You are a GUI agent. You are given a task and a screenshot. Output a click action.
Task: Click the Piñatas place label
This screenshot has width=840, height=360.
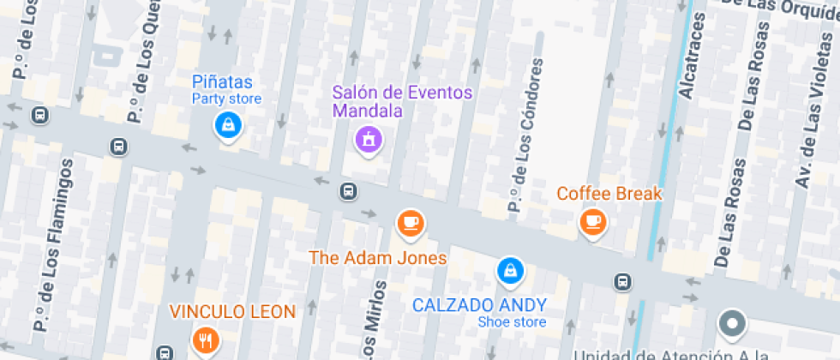tap(223, 82)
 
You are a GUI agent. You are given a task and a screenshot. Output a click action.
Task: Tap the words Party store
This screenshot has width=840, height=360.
tap(226, 99)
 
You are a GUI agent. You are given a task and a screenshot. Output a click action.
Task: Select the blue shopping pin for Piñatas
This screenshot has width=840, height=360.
tap(228, 126)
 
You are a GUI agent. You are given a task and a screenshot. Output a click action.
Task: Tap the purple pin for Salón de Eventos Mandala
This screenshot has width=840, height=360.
tap(369, 137)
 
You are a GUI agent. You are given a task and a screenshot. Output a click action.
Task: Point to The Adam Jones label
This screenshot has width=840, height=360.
tap(378, 258)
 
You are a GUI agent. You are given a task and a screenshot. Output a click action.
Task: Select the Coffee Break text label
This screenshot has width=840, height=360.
tap(609, 194)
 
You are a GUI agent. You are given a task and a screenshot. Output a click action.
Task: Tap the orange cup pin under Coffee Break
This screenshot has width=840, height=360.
tap(591, 222)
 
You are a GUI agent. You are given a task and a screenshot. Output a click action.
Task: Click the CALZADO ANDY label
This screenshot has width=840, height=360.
tap(479, 305)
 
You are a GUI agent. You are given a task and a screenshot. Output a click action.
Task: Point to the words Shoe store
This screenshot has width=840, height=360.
tap(512, 322)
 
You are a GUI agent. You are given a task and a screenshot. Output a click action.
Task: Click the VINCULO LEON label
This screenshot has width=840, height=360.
tap(232, 311)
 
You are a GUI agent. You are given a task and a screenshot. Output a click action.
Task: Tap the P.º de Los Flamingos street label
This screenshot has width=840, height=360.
tap(53, 244)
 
